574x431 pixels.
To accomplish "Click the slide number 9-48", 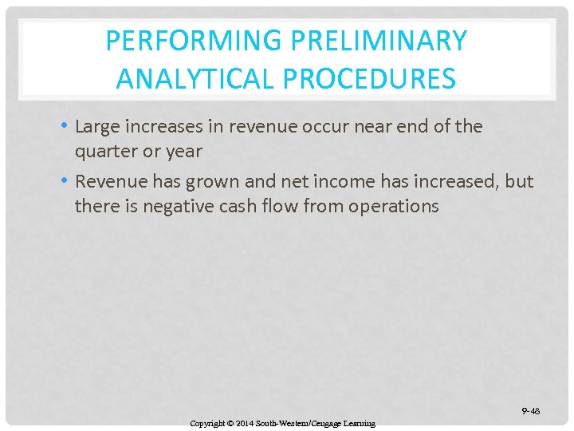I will pyautogui.click(x=530, y=411).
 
